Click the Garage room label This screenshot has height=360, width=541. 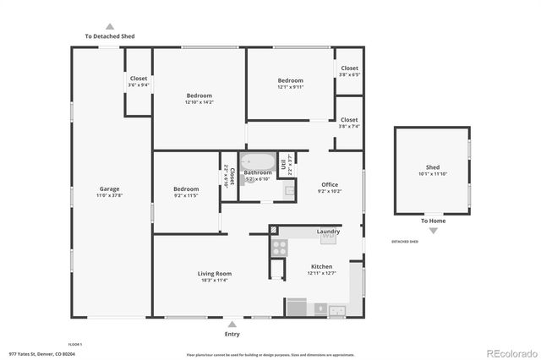tap(109, 188)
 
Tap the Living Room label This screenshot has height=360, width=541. tap(215, 274)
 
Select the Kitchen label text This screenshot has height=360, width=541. tap(321, 266)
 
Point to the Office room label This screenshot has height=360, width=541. tap(329, 184)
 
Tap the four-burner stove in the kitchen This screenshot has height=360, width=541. tap(278, 247)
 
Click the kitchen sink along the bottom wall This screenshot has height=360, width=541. tap(339, 310)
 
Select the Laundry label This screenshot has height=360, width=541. tap(328, 231)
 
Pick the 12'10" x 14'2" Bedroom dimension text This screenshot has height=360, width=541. tap(199, 103)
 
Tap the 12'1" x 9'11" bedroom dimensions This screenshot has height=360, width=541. tap(290, 87)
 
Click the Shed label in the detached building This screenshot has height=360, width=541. tap(432, 167)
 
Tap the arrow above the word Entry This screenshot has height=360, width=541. tap(232, 322)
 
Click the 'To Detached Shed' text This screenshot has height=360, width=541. tap(109, 36)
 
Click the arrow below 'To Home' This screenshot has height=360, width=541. tap(432, 230)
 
